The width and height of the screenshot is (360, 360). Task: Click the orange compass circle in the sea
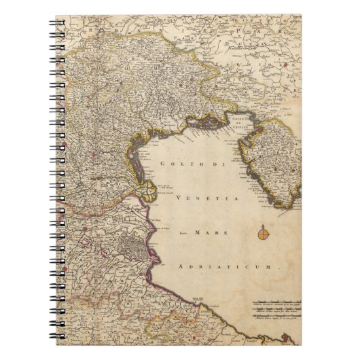tap(263, 235)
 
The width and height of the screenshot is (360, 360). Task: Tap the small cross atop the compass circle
tap(263, 225)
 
